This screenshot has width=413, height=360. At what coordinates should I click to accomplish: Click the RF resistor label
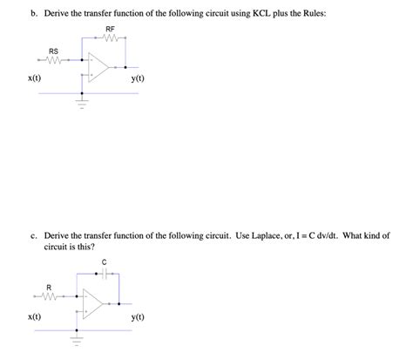click(x=110, y=30)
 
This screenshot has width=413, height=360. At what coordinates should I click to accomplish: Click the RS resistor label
click(x=54, y=50)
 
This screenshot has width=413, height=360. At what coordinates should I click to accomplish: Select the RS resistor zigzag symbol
click(x=54, y=60)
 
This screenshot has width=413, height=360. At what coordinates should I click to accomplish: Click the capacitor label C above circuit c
click(x=105, y=262)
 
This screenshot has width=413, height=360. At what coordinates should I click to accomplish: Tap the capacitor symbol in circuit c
click(x=105, y=272)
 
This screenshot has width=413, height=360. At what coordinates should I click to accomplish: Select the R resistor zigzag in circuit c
click(x=50, y=295)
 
